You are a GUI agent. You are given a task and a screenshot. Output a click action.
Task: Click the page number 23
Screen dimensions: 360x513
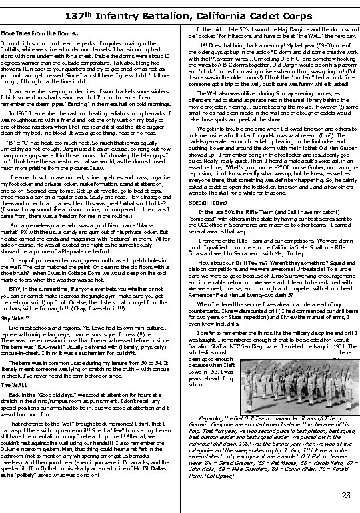pyautogui.click(x=345, y=494)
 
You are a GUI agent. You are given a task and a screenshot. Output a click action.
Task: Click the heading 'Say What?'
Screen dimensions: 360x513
pyautogui.click(x=15, y=300)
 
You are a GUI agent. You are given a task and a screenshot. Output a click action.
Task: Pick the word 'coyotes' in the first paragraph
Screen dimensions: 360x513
pyautogui.click(x=97, y=43)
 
